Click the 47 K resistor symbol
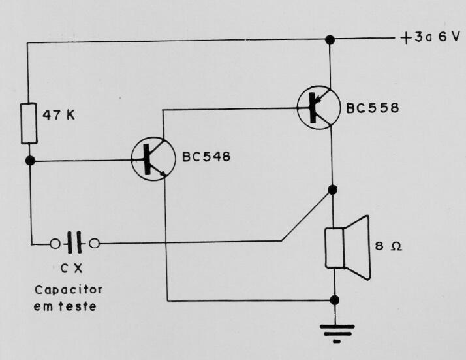click(29, 123)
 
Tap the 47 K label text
click(59, 115)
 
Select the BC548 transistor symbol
click(153, 159)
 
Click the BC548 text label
click(206, 157)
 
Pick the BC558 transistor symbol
click(318, 107)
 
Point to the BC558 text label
click(373, 107)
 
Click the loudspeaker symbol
click(348, 248)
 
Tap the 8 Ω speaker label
click(388, 246)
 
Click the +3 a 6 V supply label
click(429, 37)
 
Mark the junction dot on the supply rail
click(330, 40)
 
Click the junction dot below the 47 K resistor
click(30, 161)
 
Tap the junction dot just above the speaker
click(332, 189)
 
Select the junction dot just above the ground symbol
click(335, 300)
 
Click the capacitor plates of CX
click(74, 242)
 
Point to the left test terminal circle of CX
click(55, 244)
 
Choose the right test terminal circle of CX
click(95, 244)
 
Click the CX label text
click(71, 269)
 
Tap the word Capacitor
click(69, 290)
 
